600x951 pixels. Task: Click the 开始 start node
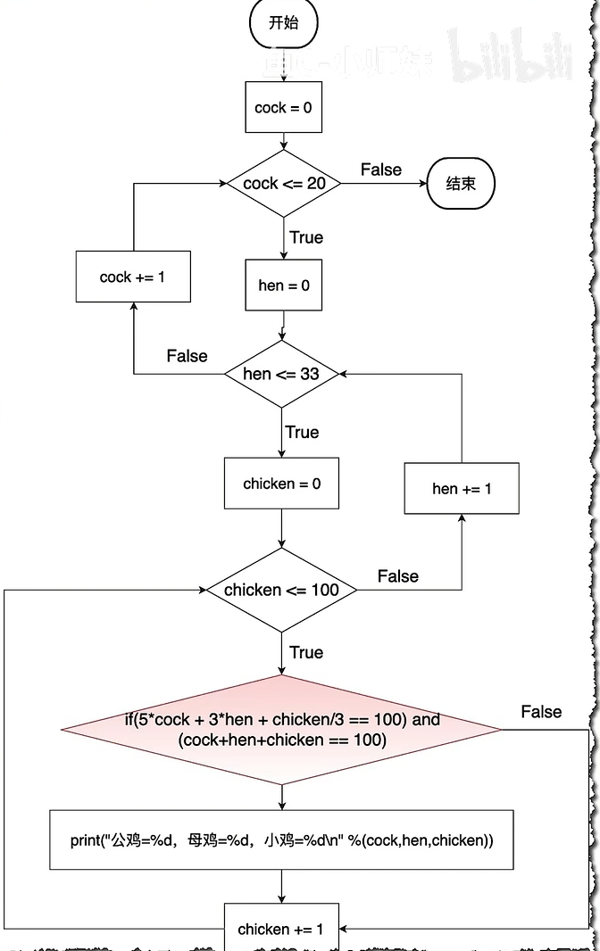pyautogui.click(x=283, y=23)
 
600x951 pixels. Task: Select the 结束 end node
pyautogui.click(x=461, y=184)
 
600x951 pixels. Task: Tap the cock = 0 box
pyautogui.click(x=283, y=108)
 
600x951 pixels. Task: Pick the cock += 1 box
pyautogui.click(x=133, y=277)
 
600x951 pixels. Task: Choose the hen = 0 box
pyautogui.click(x=283, y=285)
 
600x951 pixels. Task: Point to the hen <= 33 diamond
pyautogui.click(x=281, y=374)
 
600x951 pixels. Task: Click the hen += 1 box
pyautogui.click(x=462, y=488)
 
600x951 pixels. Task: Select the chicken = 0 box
pyautogui.click(x=281, y=484)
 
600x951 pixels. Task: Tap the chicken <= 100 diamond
pyautogui.click(x=281, y=590)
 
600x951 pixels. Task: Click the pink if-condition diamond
pyautogui.click(x=281, y=730)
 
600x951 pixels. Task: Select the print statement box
pyautogui.click(x=281, y=839)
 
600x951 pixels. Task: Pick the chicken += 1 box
pyautogui.click(x=281, y=929)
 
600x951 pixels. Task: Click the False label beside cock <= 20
pyautogui.click(x=381, y=170)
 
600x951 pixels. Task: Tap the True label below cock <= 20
pyautogui.click(x=306, y=237)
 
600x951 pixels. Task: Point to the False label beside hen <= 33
pyautogui.click(x=187, y=356)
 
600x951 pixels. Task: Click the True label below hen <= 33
pyautogui.click(x=302, y=432)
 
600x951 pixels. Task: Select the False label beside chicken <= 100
pyautogui.click(x=397, y=576)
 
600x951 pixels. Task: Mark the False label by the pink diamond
pyautogui.click(x=541, y=712)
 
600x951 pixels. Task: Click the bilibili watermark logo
pyautogui.click(x=510, y=57)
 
